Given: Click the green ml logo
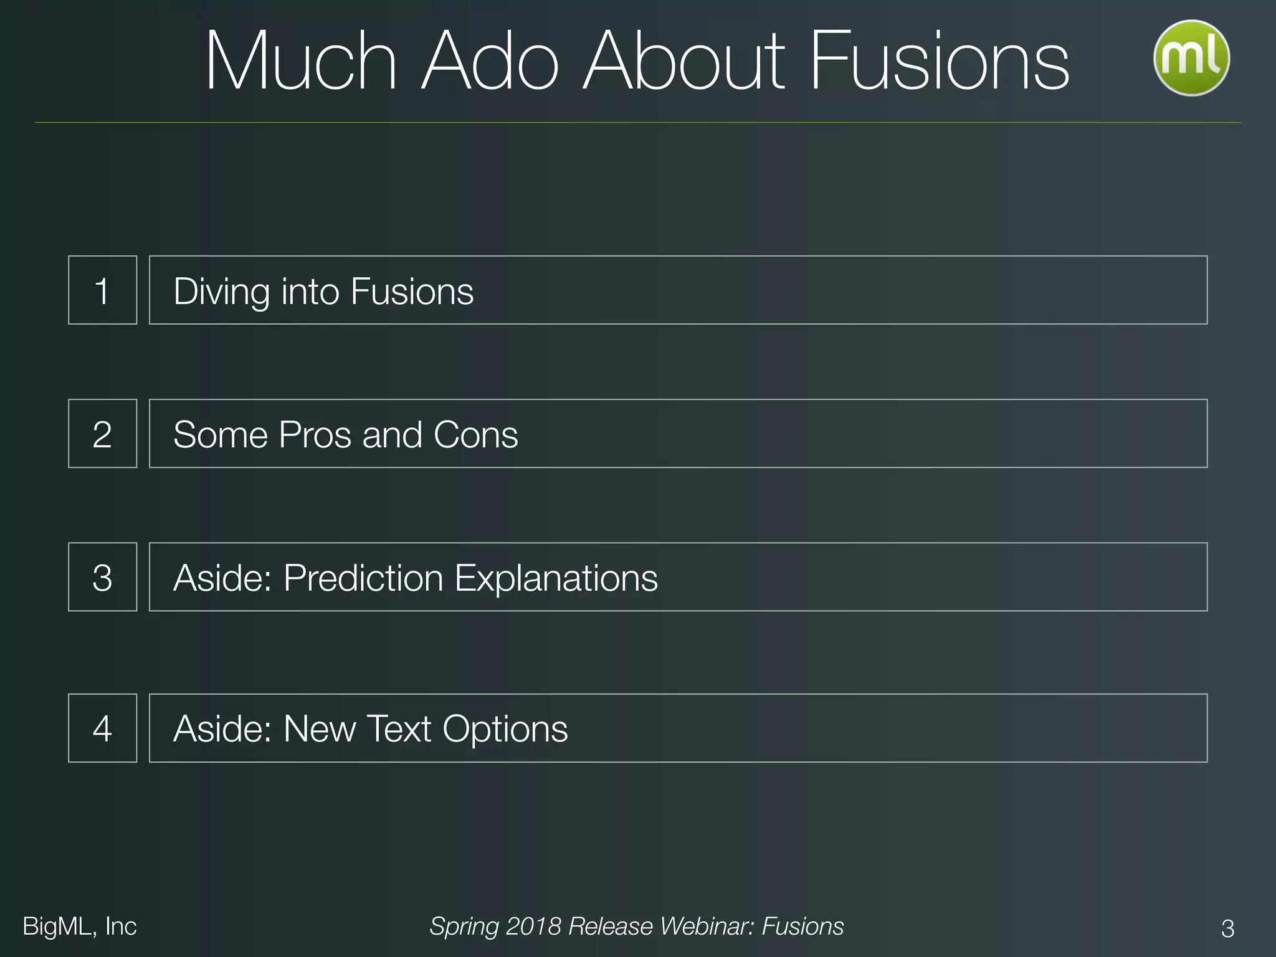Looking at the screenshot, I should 1191,58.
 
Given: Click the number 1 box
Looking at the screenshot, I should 102,290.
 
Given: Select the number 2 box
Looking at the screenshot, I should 102,434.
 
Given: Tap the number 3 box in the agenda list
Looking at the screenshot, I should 102,577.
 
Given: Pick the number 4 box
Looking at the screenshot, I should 102,728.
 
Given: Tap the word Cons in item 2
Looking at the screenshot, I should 475,435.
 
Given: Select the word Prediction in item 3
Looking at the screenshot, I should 363,578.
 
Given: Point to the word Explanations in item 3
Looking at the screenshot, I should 556,578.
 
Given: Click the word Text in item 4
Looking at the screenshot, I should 399,729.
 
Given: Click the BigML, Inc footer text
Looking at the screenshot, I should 79,926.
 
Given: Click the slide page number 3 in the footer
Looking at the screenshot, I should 1227,928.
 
